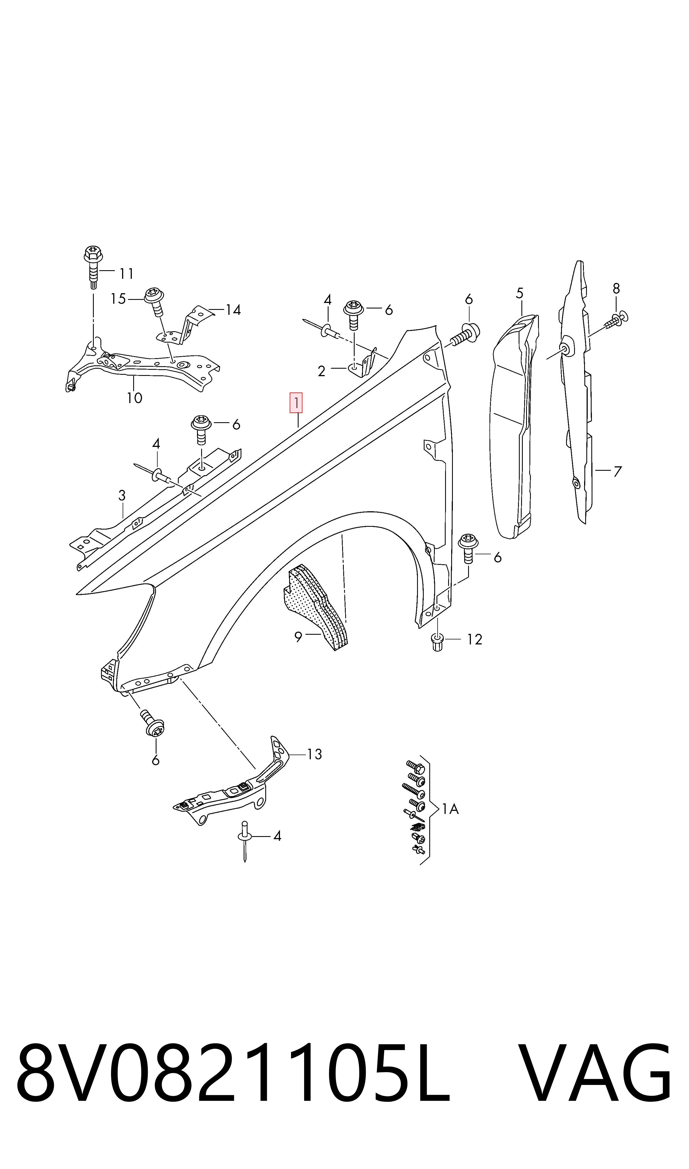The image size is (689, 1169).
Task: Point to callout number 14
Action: pos(233,310)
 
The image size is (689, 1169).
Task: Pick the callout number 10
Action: pos(135,398)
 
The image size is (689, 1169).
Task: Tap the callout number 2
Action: pos(321,371)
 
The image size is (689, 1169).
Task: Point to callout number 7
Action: pos(617,472)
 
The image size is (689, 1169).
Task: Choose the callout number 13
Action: pos(315,754)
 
